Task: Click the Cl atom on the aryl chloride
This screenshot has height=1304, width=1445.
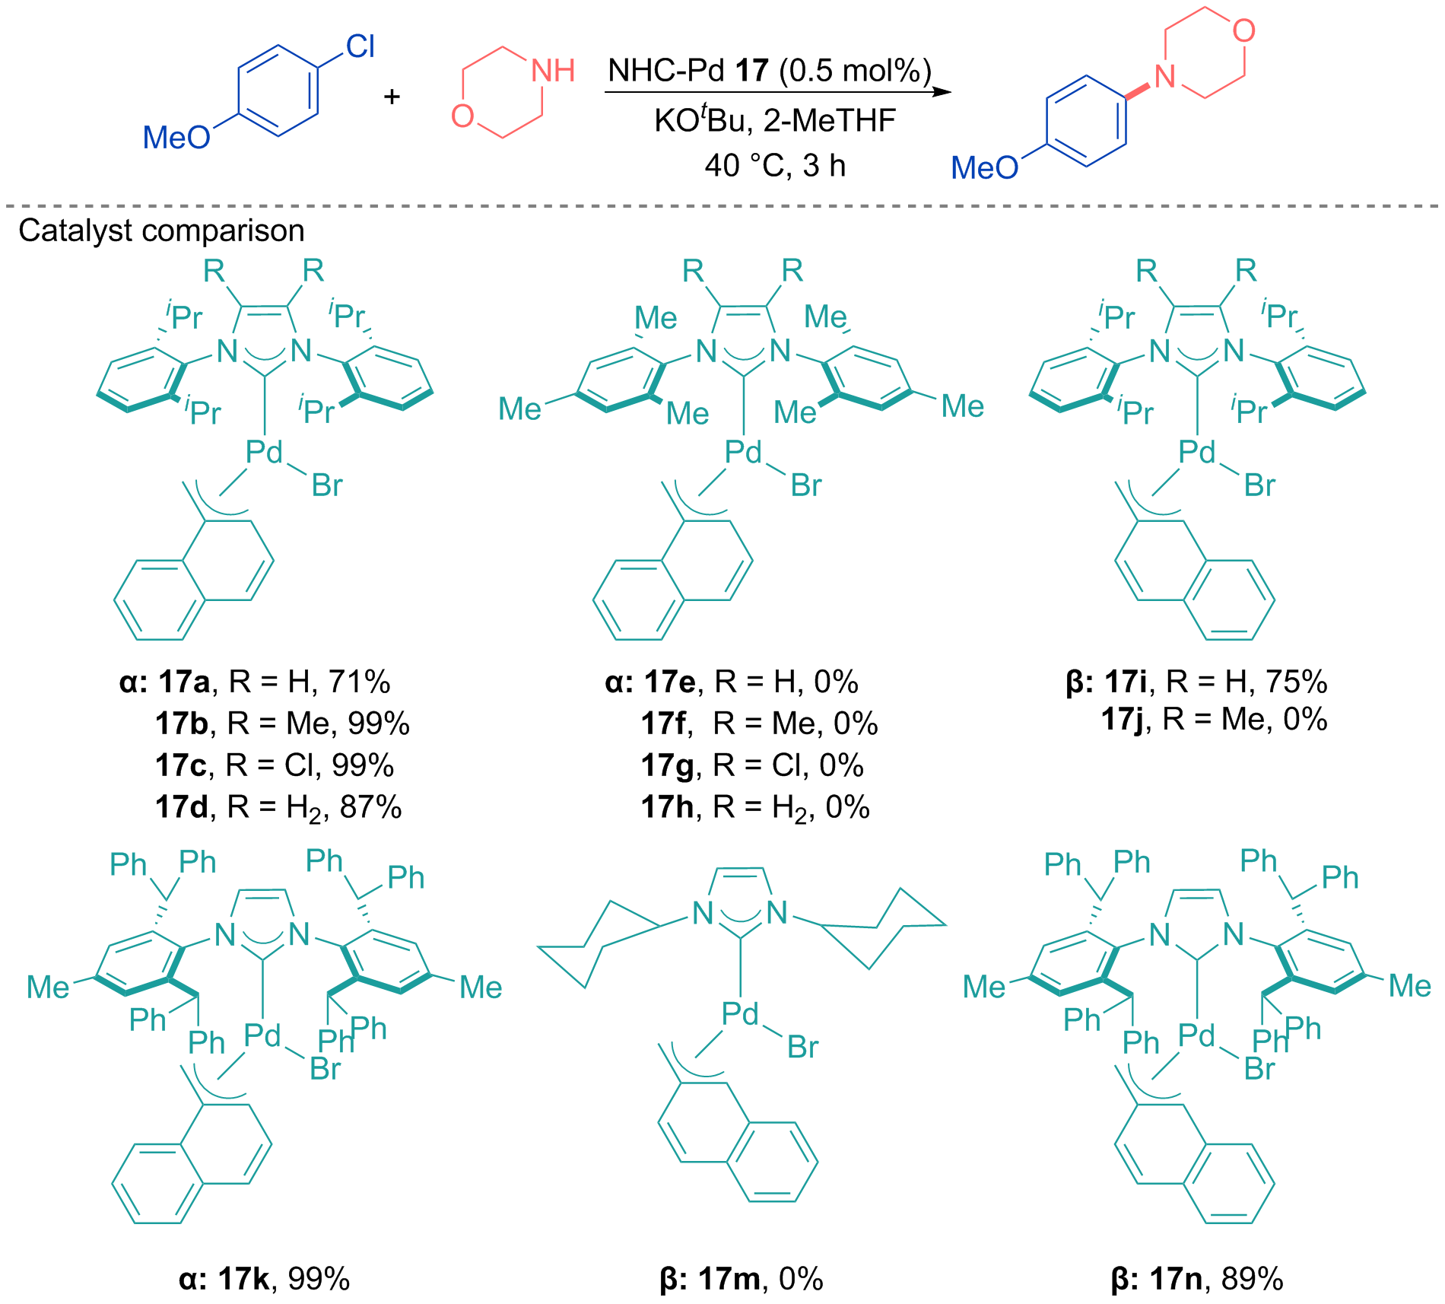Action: coord(360,46)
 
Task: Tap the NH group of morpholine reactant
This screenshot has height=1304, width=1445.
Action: coord(553,71)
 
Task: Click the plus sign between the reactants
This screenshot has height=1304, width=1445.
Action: coord(392,96)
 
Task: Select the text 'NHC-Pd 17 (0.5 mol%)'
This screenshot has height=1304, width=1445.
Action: coord(770,71)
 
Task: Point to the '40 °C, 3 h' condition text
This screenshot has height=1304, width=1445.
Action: coord(775,165)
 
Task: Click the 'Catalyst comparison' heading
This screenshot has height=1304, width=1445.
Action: coord(161,230)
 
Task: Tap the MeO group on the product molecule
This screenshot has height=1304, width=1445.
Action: coord(984,167)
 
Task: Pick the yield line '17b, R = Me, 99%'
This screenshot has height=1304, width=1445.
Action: coord(282,723)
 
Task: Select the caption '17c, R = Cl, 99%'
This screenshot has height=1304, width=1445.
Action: coord(275,765)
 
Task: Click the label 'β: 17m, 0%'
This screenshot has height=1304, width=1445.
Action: coord(742,1279)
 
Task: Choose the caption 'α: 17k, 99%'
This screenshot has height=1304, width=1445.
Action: coord(265,1279)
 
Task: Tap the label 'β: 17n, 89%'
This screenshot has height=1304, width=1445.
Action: coord(1197,1279)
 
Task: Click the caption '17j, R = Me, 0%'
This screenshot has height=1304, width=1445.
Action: coord(1214,719)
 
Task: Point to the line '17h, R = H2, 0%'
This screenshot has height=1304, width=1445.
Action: coord(755,807)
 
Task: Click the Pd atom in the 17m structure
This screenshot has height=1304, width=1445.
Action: coord(740,1013)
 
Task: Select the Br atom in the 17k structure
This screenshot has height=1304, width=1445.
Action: coord(326,1069)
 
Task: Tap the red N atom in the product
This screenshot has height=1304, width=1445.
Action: coord(1164,76)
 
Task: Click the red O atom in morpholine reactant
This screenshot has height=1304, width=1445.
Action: coord(462,116)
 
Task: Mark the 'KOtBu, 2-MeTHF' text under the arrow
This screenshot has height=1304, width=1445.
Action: coord(775,119)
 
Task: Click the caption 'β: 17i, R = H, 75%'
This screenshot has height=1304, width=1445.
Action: coord(1196,682)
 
